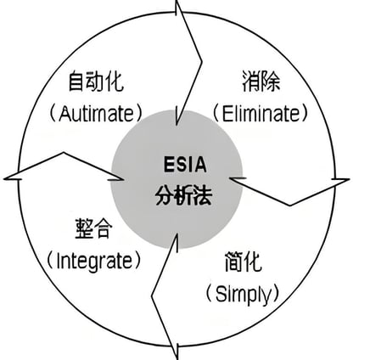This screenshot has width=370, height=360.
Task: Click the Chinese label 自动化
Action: click(96, 82)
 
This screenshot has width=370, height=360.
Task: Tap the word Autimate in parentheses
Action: click(96, 114)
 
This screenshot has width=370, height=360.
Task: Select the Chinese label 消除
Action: click(261, 82)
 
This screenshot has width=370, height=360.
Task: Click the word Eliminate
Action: click(261, 114)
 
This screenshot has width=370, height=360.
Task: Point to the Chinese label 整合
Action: click(93, 228)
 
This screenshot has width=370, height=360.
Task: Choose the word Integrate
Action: click(94, 261)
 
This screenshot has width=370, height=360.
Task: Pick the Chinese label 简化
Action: click(244, 262)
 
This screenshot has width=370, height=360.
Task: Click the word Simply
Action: click(244, 295)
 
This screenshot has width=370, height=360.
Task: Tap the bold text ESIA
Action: click(185, 165)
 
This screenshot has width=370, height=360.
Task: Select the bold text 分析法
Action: click(184, 196)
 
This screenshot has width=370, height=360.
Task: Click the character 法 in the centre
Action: click(203, 196)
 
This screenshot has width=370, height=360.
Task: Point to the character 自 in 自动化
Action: click(77, 82)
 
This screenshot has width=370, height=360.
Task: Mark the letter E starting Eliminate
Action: click(227, 114)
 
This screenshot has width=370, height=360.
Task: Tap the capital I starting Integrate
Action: click(59, 261)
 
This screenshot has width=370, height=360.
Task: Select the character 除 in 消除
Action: click(271, 82)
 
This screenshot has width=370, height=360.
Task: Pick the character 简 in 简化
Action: click(233, 262)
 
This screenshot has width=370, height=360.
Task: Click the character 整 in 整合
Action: click(84, 228)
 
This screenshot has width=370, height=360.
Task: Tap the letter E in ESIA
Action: click(169, 165)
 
